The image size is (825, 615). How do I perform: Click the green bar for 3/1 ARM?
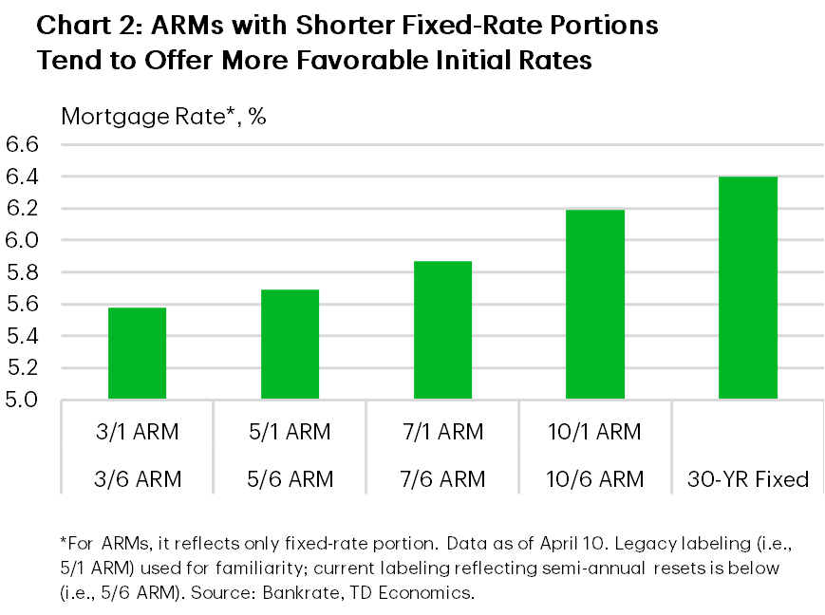pos(138,353)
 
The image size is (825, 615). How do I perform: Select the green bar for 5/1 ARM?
pos(290,344)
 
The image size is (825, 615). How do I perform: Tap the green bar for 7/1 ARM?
pos(442,329)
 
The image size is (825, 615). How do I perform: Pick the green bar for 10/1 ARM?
pos(595,304)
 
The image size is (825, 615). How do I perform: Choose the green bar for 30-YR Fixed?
pos(748,288)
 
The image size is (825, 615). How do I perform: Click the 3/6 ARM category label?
pos(138,479)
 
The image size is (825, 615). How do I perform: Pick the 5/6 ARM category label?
pos(290,479)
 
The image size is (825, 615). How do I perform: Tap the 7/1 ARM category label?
pos(442,433)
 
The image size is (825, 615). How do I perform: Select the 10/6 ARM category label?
pos(595,479)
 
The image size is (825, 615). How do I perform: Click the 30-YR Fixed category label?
pos(748,479)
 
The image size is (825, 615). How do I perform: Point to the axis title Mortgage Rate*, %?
pos(162,117)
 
